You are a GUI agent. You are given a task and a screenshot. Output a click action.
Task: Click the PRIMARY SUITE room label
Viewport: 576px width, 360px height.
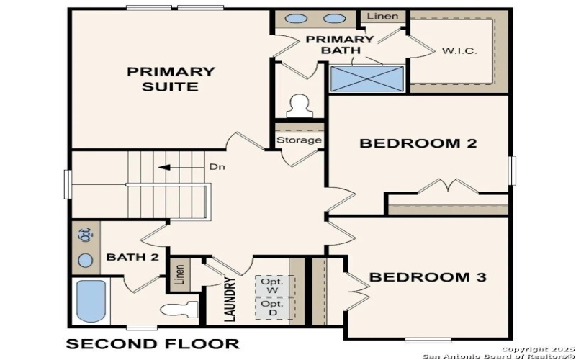click(171, 79)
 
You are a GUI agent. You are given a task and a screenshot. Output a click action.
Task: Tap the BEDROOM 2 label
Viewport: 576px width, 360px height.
click(418, 143)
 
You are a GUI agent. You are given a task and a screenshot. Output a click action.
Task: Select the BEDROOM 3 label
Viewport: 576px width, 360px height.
click(428, 276)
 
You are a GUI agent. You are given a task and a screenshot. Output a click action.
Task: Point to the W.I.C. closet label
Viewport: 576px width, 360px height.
click(459, 52)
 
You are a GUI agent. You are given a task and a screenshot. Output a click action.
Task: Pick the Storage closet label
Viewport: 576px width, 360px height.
click(299, 140)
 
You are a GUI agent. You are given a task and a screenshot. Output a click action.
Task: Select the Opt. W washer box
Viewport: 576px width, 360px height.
click(273, 284)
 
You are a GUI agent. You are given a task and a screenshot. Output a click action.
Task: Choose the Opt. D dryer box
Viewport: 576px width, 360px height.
click(273, 309)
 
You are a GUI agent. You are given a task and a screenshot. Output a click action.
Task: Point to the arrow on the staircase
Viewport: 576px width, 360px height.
click(169, 167)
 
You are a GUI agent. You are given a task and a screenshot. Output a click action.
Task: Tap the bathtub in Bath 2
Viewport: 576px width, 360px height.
click(91, 301)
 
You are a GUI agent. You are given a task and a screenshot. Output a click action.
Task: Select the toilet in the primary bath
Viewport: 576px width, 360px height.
click(297, 107)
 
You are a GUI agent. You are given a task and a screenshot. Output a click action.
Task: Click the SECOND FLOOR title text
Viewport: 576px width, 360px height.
click(153, 343)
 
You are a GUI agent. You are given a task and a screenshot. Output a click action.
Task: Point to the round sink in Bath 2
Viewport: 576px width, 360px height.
click(86, 260)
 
